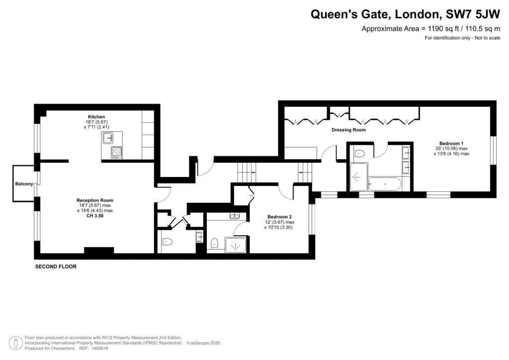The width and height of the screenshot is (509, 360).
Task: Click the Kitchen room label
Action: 96,117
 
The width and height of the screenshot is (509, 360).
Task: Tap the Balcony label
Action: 24,184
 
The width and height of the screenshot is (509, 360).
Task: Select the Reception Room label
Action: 95,200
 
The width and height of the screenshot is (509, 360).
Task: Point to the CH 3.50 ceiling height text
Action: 95,215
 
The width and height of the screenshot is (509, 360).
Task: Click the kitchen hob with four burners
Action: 116,152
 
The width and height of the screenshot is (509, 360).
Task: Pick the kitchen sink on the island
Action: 108,138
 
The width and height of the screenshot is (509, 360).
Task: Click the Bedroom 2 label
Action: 279,217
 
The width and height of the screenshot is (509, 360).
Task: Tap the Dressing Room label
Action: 348,130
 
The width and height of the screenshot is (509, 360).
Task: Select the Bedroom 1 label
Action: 451,144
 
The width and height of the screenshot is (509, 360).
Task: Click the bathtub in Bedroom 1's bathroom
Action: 385,184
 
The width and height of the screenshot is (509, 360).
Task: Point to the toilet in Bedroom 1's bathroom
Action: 359,153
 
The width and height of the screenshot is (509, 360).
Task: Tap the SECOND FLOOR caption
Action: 56,267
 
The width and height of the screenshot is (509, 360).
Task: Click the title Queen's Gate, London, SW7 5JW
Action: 406,14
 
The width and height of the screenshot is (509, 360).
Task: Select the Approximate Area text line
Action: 431,28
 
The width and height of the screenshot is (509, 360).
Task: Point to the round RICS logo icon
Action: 15,343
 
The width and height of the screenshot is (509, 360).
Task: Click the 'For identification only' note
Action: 463,38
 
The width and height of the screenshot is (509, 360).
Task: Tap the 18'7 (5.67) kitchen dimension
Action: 96,122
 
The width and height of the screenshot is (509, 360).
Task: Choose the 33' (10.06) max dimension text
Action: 451,149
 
